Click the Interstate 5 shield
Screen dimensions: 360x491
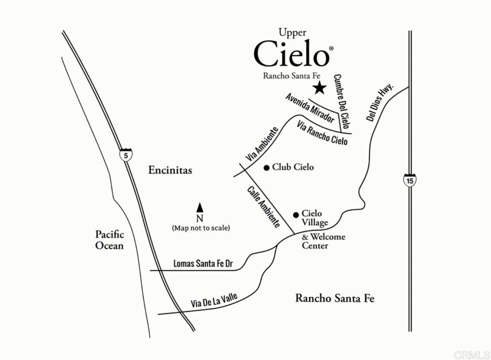[126, 155]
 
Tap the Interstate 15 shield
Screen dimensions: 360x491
[409, 180]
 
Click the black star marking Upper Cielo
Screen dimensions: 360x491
[319, 88]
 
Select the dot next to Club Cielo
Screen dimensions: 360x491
[267, 167]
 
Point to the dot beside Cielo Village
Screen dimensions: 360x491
[296, 214]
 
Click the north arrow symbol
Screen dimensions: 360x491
[200, 208]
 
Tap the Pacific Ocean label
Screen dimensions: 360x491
[109, 240]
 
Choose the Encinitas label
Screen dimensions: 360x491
[170, 170]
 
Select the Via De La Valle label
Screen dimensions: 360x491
[214, 301]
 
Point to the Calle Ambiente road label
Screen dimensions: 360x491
[263, 207]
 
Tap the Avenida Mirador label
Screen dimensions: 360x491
[310, 108]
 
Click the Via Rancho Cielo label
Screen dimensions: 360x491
[322, 133]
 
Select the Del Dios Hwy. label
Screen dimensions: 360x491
[380, 103]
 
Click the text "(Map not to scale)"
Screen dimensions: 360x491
[201, 228]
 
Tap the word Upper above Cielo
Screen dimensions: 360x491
[292, 32]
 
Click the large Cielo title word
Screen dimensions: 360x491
[292, 54]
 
